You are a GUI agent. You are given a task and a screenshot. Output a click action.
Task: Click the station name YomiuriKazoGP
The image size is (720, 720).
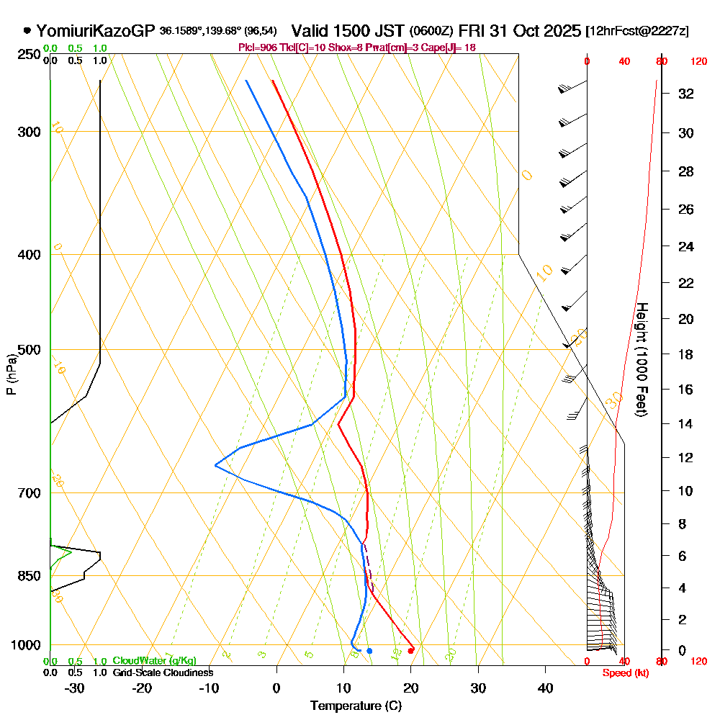(96, 31)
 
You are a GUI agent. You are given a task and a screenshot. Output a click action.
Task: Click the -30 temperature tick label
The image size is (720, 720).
(74, 688)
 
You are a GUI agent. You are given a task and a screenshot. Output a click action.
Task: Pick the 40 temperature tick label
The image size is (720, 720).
(546, 688)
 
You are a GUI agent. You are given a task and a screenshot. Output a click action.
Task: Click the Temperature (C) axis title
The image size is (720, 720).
(356, 706)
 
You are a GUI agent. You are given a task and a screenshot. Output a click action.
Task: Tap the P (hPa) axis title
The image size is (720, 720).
(11, 374)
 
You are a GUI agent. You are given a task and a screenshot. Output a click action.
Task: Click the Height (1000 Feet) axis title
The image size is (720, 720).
(642, 359)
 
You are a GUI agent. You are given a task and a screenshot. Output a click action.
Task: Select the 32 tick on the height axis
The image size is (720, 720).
(686, 93)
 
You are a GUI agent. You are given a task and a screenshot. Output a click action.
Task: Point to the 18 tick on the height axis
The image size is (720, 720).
(686, 354)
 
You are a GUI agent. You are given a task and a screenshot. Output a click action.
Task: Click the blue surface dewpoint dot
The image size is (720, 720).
(369, 651)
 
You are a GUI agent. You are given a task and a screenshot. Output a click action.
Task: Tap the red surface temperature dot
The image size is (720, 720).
(410, 651)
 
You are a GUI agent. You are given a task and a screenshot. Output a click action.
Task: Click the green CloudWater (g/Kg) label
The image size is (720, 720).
(154, 661)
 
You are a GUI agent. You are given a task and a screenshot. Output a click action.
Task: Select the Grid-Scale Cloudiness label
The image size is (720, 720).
(163, 672)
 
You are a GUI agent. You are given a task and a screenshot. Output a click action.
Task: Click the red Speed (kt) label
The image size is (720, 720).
(624, 673)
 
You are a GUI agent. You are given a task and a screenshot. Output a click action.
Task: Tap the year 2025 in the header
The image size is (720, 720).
(559, 31)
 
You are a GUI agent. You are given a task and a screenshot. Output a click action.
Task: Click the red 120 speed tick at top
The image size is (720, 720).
(698, 62)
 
